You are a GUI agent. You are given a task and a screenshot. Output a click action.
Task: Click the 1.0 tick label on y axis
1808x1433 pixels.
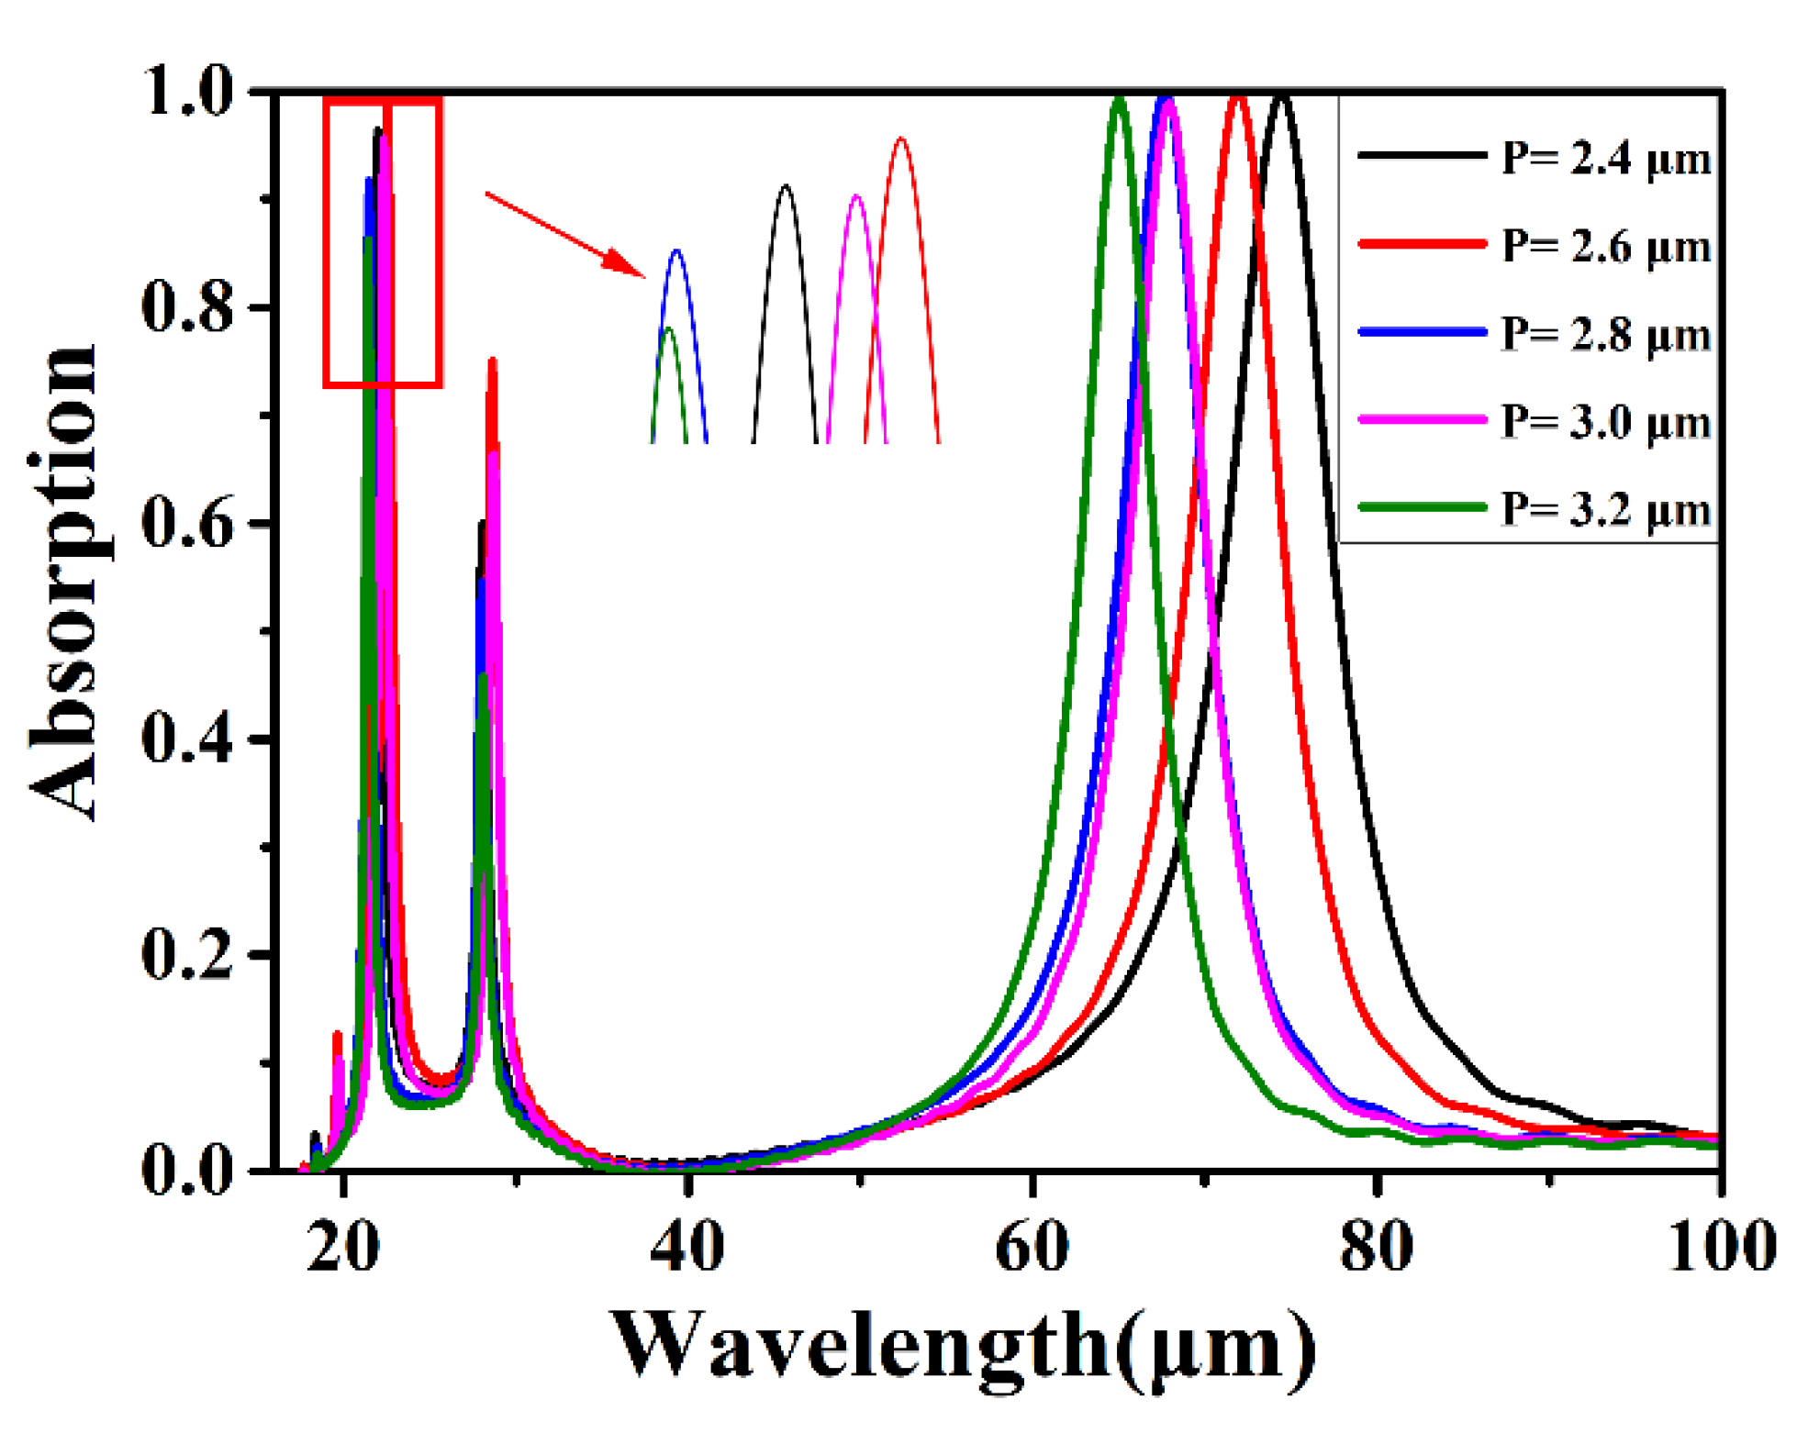(188, 92)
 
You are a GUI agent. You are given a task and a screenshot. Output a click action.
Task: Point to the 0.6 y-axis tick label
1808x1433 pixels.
(188, 524)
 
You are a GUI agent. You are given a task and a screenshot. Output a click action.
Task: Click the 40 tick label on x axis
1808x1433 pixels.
(686, 1246)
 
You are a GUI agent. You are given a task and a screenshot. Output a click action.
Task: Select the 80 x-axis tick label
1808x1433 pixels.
(1376, 1246)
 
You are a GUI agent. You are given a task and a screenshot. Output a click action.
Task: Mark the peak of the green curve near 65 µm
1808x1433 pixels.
(1119, 98)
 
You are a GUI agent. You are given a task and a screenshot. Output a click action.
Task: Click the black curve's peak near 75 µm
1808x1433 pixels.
(1282, 95)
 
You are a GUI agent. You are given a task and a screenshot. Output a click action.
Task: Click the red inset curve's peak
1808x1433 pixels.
(901, 139)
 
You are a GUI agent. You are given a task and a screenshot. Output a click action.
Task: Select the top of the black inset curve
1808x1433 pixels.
(785, 186)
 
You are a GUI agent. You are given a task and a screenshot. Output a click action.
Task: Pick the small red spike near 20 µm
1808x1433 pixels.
(337, 1035)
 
